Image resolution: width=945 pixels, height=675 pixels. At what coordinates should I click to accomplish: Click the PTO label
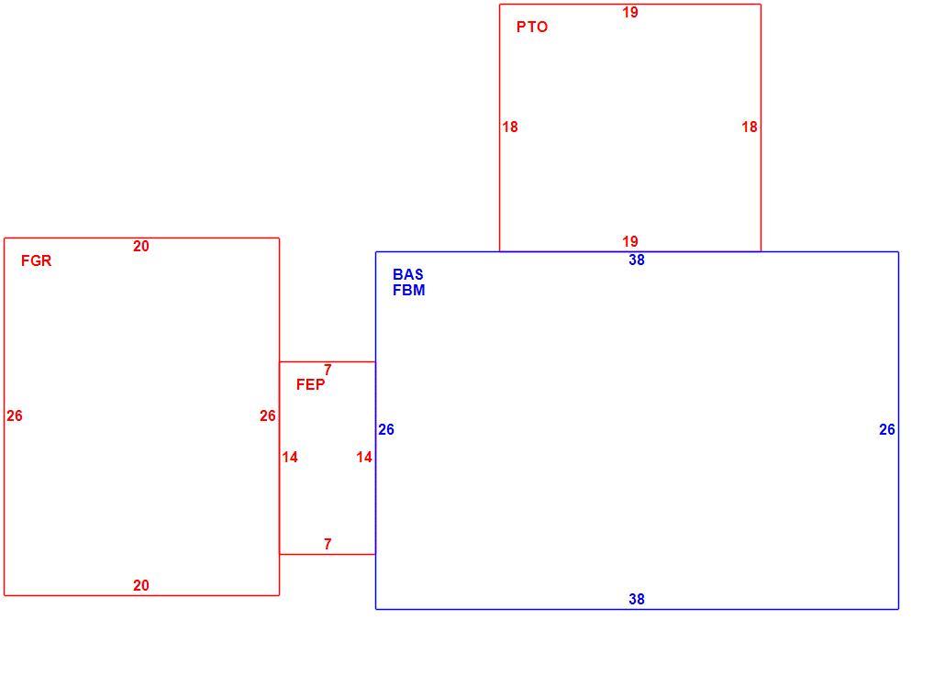click(532, 28)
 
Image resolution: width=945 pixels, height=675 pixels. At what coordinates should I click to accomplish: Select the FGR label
click(36, 261)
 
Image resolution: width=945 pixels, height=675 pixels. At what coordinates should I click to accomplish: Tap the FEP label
click(310, 384)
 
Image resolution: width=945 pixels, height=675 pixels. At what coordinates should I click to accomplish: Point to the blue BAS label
click(408, 275)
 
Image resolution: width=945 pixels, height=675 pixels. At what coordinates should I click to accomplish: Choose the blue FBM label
click(408, 291)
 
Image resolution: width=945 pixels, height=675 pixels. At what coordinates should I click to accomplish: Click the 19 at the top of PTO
click(630, 13)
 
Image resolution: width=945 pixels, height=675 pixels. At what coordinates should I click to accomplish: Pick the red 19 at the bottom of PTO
click(630, 242)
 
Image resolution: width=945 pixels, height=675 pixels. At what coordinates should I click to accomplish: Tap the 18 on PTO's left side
click(510, 127)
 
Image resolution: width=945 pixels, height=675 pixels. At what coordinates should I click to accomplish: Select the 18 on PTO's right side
click(750, 127)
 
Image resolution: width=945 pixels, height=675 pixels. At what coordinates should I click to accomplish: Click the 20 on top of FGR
click(141, 247)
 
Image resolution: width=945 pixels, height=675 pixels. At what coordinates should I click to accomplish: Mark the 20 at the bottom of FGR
click(141, 586)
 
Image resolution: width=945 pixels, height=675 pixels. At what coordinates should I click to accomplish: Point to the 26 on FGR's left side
click(15, 415)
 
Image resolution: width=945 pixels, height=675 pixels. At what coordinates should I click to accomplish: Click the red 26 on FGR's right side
click(268, 415)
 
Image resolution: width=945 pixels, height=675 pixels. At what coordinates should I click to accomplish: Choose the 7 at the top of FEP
click(328, 370)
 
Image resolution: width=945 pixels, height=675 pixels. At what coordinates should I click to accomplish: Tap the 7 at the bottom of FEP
click(328, 544)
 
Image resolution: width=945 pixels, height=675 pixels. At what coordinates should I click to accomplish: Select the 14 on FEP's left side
click(290, 458)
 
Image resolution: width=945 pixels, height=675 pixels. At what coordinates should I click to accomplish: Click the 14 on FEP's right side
click(364, 458)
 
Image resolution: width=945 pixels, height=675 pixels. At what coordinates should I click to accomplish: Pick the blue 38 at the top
click(637, 260)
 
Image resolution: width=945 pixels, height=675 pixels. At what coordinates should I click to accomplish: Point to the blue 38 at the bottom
click(637, 599)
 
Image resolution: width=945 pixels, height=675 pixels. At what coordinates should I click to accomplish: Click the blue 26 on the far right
click(887, 430)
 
